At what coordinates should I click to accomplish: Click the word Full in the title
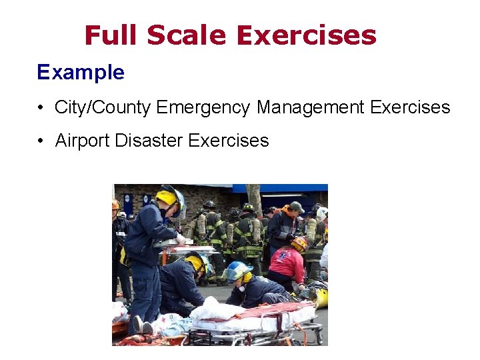pyautogui.click(x=113, y=35)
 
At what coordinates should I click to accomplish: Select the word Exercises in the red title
pyautogui.click(x=307, y=35)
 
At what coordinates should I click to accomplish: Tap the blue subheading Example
pyautogui.click(x=81, y=72)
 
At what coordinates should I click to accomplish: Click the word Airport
pyautogui.click(x=83, y=141)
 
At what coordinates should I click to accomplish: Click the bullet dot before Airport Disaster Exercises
pyautogui.click(x=41, y=141)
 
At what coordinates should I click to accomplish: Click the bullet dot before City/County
pyautogui.click(x=41, y=107)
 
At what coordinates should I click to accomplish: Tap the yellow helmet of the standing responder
pyautogui.click(x=167, y=197)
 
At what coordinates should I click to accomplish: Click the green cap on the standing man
pyautogui.click(x=297, y=207)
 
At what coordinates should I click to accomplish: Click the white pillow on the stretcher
pyautogui.click(x=213, y=309)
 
